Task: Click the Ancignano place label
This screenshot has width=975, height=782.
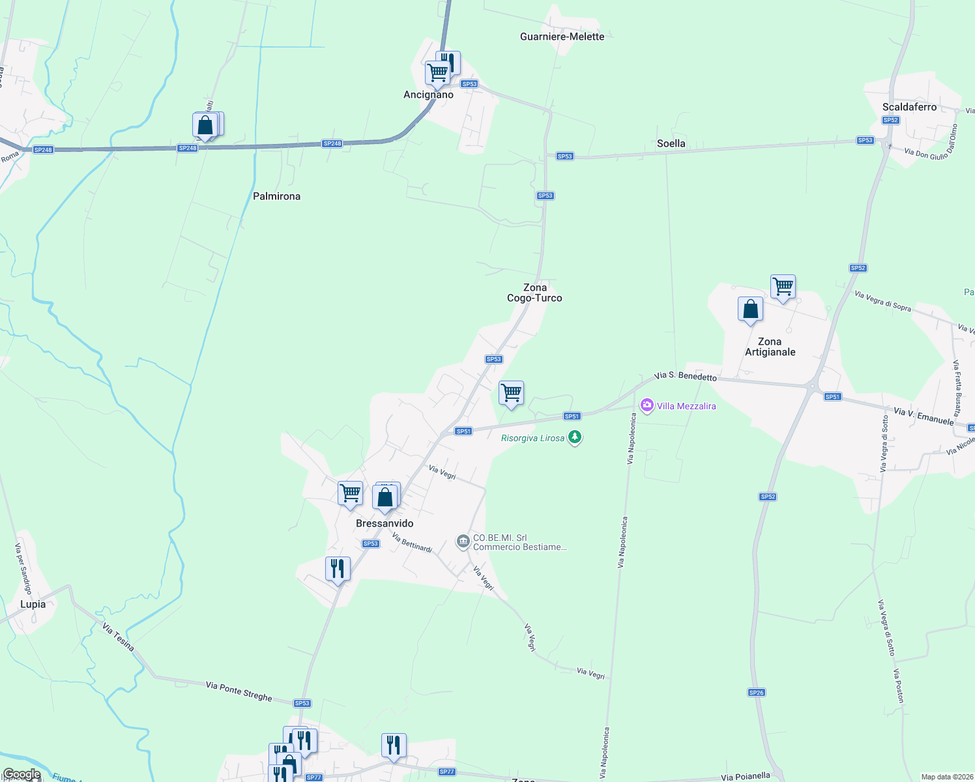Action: pos(428,95)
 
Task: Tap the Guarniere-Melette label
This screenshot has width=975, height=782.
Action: pos(562,36)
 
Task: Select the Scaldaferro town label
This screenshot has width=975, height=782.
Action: pos(909,107)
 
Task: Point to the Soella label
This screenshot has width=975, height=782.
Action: pos(671,143)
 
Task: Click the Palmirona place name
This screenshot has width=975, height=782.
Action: pos(276,196)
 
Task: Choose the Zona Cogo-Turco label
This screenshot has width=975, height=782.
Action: pos(534,293)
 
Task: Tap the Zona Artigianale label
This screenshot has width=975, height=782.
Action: pos(770,347)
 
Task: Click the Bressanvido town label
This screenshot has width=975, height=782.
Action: pos(385,523)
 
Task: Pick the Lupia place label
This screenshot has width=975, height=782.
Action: pos(33,604)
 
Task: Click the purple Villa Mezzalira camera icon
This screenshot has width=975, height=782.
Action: pos(647,406)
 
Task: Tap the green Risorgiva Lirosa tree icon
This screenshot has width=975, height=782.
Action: pos(574,437)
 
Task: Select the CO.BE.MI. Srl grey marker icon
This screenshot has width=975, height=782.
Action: pos(463,542)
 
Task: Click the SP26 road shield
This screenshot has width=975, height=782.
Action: pos(756,693)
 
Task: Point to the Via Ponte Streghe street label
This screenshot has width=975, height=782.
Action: pos(239,691)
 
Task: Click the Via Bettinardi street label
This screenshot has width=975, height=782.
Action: pos(412,543)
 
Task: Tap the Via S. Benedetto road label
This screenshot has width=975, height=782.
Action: pos(685,376)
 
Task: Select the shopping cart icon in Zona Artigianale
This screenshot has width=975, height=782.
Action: pos(783,287)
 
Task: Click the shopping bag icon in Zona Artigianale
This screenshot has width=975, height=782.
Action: pos(750,309)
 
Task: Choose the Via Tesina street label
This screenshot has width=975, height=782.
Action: pos(118,637)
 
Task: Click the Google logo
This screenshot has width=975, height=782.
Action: pos(21,774)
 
